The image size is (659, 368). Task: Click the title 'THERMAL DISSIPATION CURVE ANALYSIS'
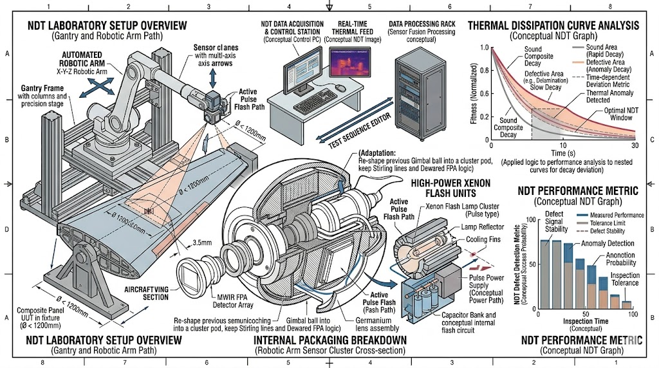click(553, 26)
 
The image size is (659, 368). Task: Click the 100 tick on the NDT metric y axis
click(532, 219)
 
